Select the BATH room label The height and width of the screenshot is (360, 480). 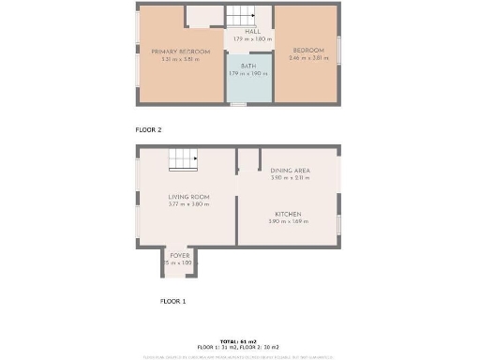pyautogui.click(x=248, y=67)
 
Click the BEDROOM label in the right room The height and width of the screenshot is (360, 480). pyautogui.click(x=308, y=50)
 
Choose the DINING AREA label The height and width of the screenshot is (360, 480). pyautogui.click(x=290, y=170)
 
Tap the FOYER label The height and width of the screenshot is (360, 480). pyautogui.click(x=178, y=255)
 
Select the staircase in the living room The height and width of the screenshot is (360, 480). pyautogui.click(x=183, y=160)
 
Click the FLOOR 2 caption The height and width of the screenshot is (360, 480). pyautogui.click(x=147, y=131)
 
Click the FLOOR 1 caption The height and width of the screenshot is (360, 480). pyautogui.click(x=172, y=301)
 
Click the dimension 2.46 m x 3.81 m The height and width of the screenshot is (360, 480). pyautogui.click(x=308, y=58)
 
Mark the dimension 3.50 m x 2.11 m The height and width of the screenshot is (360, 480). pyautogui.click(x=290, y=177)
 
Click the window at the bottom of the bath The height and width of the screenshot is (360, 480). pyautogui.click(x=239, y=103)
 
